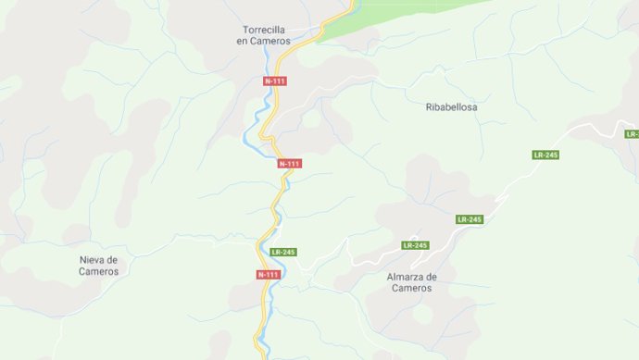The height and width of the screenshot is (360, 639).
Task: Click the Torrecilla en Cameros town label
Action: click(x=263, y=35)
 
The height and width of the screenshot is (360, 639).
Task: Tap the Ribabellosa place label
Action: click(x=451, y=107)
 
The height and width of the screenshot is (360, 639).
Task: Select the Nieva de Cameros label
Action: click(x=98, y=266)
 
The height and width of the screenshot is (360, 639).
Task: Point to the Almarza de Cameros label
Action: click(x=411, y=282)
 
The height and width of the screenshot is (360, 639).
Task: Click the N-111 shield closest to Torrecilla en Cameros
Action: click(x=275, y=81)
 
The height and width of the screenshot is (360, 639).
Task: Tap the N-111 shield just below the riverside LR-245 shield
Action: click(x=268, y=275)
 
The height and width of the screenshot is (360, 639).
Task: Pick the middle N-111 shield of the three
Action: click(x=290, y=164)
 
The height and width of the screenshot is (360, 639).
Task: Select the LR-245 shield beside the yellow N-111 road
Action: click(x=282, y=252)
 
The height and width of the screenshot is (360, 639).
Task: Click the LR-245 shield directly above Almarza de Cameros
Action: click(x=416, y=245)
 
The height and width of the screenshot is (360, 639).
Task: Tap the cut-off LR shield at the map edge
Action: click(x=632, y=134)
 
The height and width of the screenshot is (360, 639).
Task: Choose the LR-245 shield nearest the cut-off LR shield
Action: click(x=545, y=155)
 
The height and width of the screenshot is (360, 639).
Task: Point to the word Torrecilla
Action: click(x=263, y=29)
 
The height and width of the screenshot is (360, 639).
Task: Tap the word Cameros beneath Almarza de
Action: click(x=411, y=289)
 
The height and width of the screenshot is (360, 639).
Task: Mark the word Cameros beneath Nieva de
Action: click(x=98, y=272)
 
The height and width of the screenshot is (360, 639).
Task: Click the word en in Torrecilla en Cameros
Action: click(x=242, y=42)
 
